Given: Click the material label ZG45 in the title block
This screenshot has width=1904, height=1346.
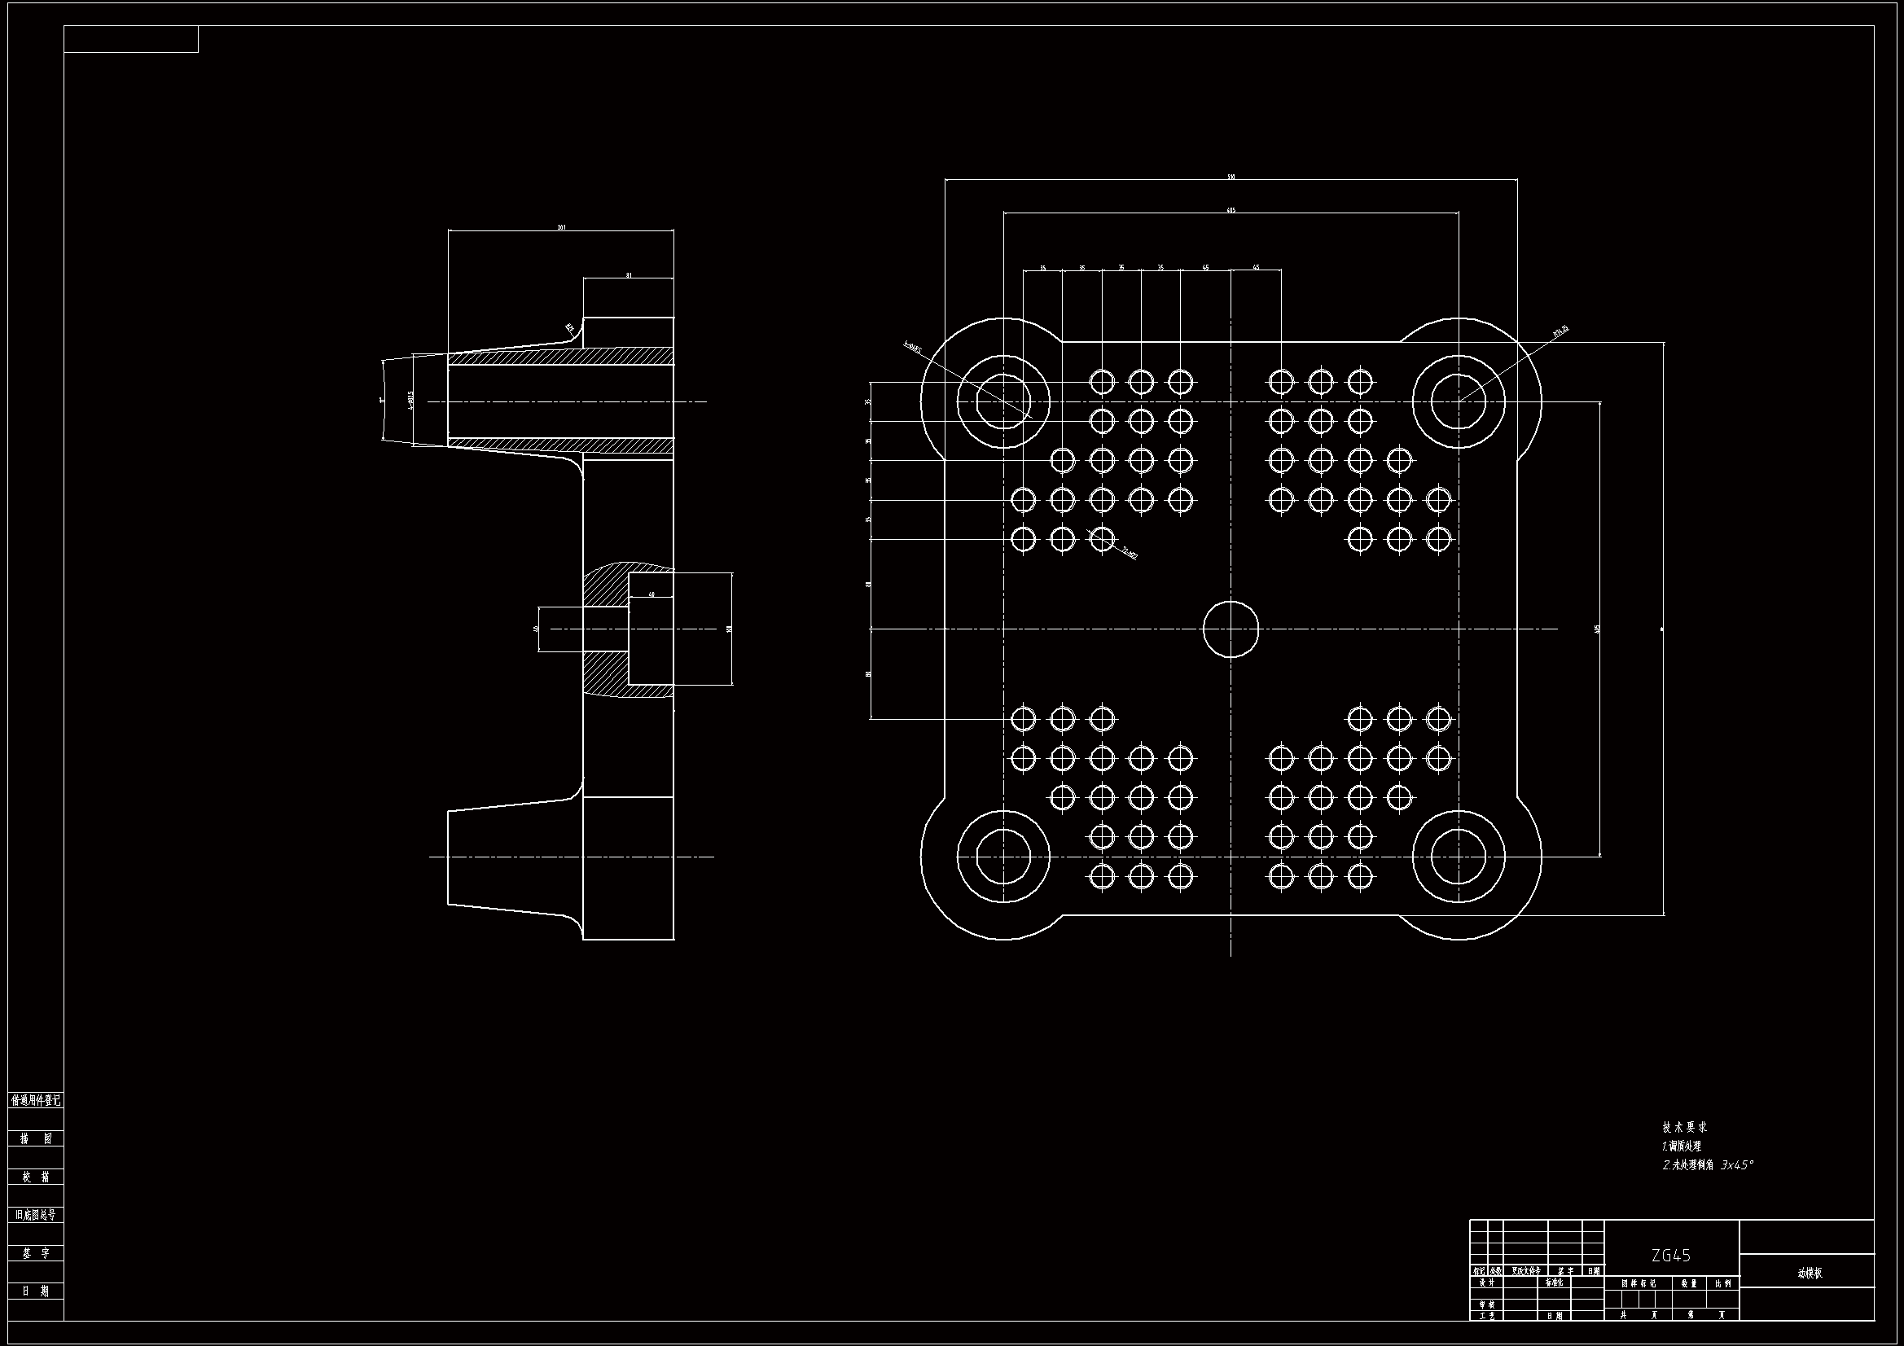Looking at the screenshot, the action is click(1671, 1255).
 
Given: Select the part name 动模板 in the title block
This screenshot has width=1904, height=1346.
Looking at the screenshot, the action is click(1810, 1273).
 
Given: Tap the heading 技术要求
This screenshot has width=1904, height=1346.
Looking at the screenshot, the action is click(1684, 1128).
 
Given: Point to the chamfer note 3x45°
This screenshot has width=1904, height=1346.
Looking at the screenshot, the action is click(1736, 1165).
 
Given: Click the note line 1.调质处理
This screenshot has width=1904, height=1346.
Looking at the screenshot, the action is click(1682, 1147).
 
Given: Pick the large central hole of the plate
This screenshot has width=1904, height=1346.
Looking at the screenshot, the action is click(1231, 629).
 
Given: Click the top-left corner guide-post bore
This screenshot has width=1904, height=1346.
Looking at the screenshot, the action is click(1003, 402).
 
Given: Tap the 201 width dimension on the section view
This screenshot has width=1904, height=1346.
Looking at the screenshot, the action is click(561, 227).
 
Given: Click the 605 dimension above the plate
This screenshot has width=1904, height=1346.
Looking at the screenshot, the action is click(1231, 211).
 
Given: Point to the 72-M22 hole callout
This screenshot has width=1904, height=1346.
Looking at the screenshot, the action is click(1129, 551).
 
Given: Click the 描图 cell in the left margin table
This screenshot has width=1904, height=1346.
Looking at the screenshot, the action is click(37, 1138).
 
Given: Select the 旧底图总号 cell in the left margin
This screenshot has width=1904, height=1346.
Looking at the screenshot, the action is click(37, 1215).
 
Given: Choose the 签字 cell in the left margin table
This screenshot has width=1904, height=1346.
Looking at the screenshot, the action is click(37, 1253).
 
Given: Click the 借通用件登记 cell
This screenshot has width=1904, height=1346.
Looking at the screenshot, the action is click(37, 1101).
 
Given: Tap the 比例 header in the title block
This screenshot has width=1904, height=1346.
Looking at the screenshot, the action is click(1723, 1284).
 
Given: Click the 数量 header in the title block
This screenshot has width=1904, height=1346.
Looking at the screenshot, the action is click(1689, 1284).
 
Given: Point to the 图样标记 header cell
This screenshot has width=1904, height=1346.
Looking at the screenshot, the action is click(1639, 1284).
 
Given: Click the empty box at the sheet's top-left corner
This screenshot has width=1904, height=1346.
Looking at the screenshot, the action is click(131, 39).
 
